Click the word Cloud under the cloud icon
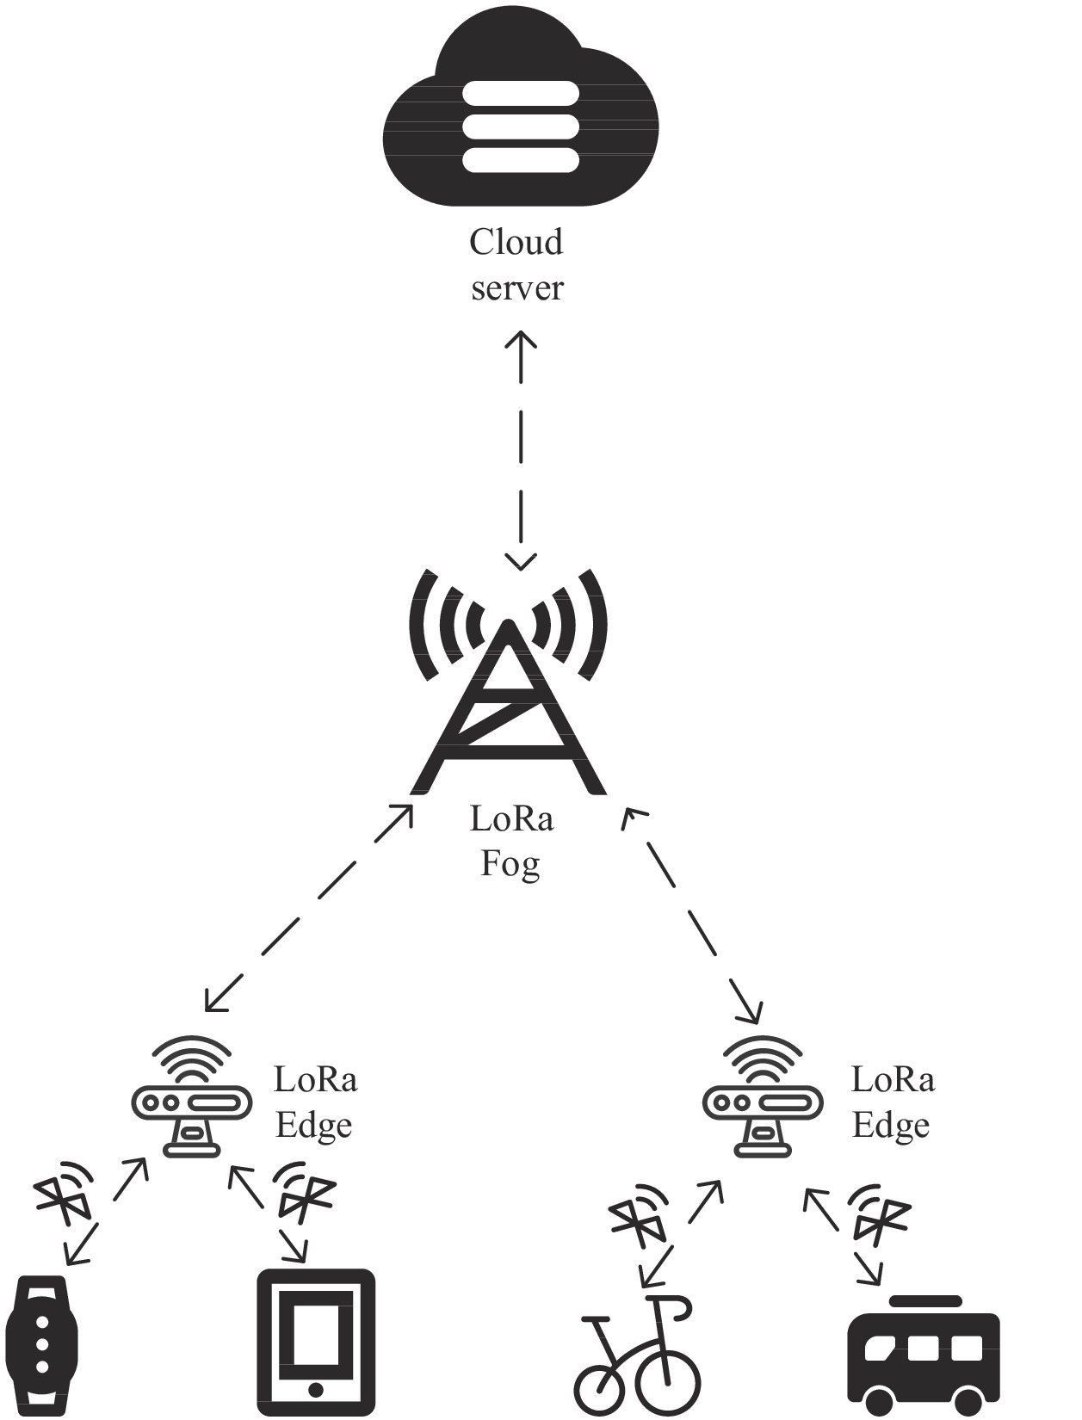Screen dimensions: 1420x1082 pyautogui.click(x=516, y=242)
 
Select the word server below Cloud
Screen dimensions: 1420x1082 pyautogui.click(x=516, y=288)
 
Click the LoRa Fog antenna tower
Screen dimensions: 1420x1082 pyautogui.click(x=508, y=688)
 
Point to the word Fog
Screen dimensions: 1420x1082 pyautogui.click(x=510, y=863)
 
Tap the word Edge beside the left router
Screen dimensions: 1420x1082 pyautogui.click(x=313, y=1127)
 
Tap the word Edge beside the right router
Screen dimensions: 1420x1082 pyautogui.click(x=891, y=1127)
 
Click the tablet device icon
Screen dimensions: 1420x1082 pyautogui.click(x=316, y=1343)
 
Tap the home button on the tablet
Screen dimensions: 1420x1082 pyautogui.click(x=316, y=1390)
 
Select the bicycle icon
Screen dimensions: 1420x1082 pyautogui.click(x=637, y=1355)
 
